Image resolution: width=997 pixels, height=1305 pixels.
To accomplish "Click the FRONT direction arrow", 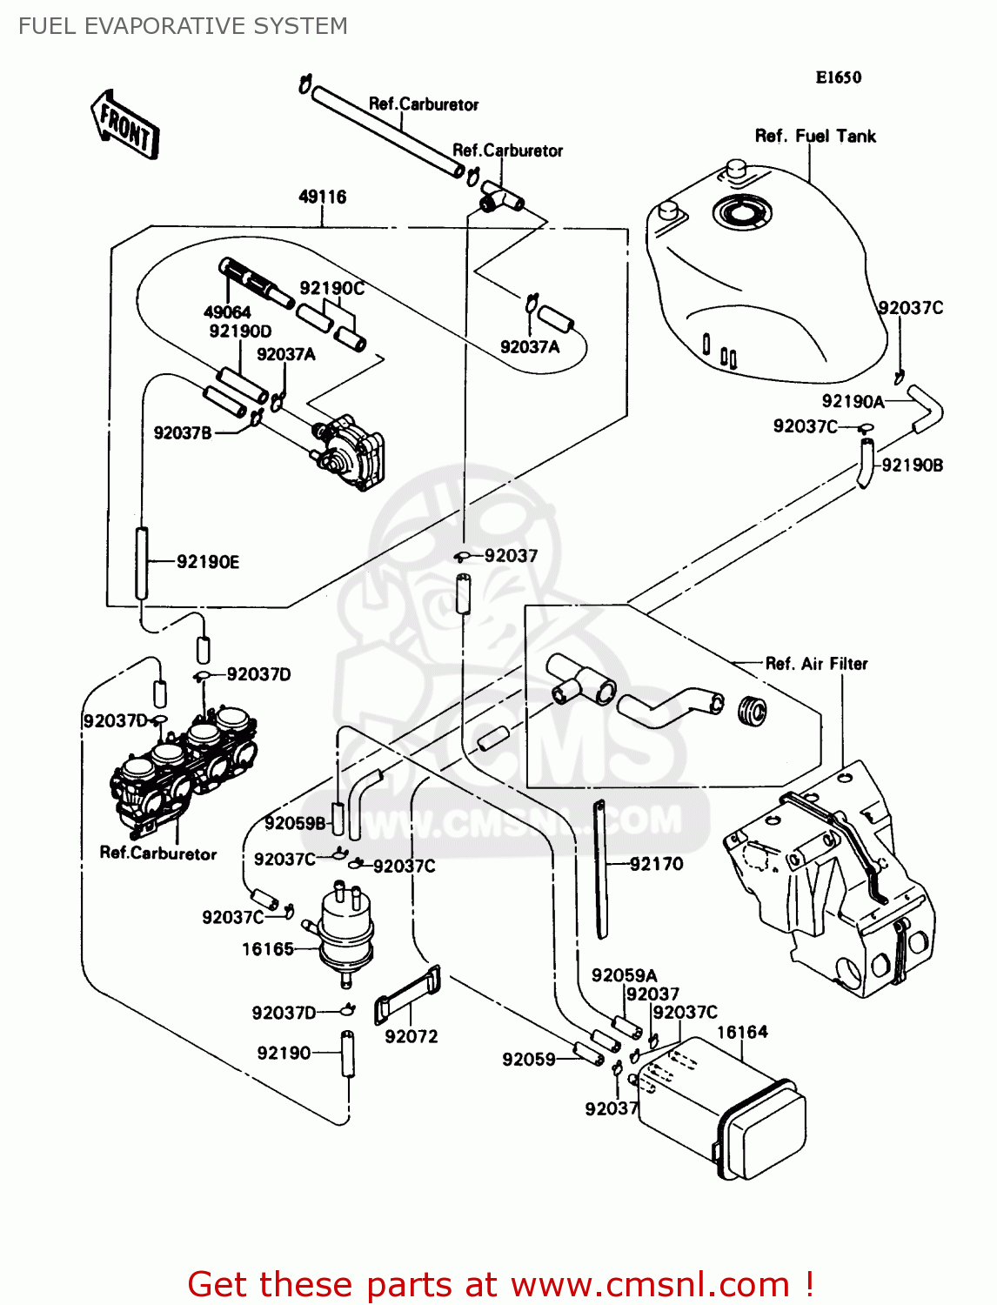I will [125, 124].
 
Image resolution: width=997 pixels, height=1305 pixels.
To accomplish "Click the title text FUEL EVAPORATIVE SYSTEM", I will [183, 26].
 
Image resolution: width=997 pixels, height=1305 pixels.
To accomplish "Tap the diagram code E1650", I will [838, 77].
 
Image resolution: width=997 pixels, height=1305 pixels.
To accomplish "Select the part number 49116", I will [322, 197].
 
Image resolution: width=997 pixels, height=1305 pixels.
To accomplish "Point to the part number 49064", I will [227, 311].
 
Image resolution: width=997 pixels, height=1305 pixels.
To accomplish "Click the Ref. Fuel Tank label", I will [815, 136].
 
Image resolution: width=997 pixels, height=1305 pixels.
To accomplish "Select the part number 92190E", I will [208, 562].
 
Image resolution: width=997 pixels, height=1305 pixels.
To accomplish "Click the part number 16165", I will [268, 949].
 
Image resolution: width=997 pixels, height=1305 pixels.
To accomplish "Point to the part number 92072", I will [412, 1036].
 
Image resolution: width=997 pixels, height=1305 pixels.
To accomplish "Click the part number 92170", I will [657, 864].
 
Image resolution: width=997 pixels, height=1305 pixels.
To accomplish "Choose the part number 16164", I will [742, 1032].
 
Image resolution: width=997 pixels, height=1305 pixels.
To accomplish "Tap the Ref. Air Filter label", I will [816, 664].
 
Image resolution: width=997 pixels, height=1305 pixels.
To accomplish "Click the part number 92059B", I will [295, 823].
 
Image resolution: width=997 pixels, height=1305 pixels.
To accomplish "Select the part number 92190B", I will [912, 465].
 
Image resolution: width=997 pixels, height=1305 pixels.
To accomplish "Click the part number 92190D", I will [240, 331].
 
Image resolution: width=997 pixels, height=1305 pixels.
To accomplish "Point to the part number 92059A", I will [624, 975].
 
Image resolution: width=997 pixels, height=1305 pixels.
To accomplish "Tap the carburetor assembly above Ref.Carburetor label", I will [183, 766].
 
